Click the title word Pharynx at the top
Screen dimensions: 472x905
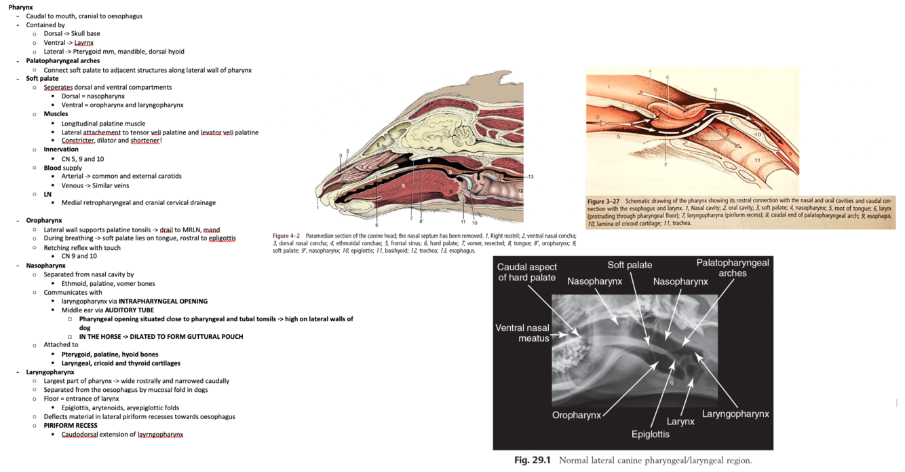coord(20,7)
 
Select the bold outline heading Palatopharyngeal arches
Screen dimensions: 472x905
coord(62,60)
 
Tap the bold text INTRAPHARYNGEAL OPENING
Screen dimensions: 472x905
coord(163,301)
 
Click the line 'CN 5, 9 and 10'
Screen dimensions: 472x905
coord(82,159)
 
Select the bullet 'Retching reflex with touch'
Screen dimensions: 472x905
coord(82,248)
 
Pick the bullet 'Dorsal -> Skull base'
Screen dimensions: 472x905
coord(71,33)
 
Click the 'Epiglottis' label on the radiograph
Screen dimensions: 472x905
coord(650,434)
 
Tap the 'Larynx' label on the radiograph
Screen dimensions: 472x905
coord(680,421)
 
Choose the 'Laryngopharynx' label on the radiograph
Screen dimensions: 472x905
coord(735,414)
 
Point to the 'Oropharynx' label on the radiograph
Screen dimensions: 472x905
coord(577,415)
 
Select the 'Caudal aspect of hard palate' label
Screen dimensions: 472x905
coord(526,272)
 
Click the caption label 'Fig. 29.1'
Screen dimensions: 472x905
coord(532,460)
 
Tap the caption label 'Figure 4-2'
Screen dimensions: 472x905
coord(286,236)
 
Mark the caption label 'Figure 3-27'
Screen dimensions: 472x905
coord(603,202)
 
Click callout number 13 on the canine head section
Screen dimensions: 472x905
coord(531,177)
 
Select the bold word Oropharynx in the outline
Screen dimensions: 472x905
coord(44,221)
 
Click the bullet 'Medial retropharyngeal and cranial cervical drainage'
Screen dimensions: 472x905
coord(138,202)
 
